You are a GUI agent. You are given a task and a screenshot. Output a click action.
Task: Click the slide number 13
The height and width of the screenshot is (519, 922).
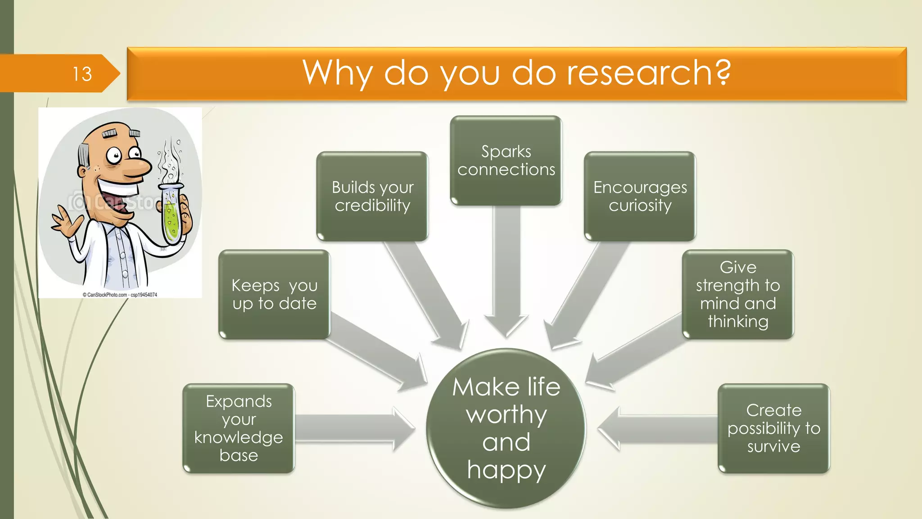coord(82,74)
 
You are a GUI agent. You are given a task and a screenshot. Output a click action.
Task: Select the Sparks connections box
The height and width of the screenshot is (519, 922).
coord(506,161)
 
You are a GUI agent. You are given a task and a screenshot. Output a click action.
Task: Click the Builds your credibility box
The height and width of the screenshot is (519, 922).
coord(372,196)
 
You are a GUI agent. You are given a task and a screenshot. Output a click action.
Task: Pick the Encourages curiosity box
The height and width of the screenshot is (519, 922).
coord(640,196)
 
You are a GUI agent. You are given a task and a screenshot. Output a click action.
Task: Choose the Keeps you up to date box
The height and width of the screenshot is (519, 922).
coord(274,295)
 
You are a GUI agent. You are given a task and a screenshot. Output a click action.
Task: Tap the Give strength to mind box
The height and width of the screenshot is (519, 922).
coord(737,295)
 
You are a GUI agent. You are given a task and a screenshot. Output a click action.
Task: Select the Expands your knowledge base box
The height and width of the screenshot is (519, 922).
coord(239,428)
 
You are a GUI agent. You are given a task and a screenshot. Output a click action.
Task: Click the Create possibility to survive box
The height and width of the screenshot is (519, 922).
coord(773,428)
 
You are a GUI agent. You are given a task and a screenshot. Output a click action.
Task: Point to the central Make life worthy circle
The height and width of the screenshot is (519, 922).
coord(506,428)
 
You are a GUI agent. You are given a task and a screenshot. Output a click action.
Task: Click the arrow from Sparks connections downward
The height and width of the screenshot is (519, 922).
coord(506,270)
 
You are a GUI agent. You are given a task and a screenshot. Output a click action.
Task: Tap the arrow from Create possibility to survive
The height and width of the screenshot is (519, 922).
coord(657,428)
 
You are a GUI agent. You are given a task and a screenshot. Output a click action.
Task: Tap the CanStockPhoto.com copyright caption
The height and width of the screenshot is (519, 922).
coord(120,295)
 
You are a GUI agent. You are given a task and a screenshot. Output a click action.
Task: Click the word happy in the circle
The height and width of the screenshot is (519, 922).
coord(506,470)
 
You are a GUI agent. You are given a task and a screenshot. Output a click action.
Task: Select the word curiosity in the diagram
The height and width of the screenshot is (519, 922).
coord(640,205)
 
